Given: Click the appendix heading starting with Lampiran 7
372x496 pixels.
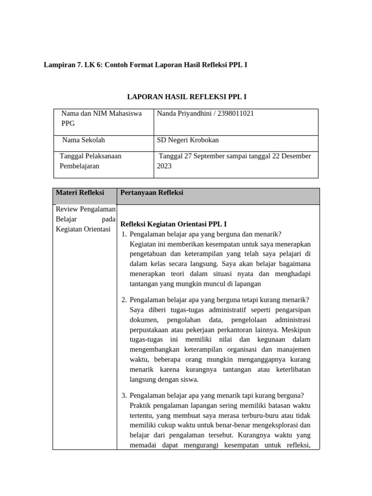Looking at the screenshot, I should (x=146, y=64).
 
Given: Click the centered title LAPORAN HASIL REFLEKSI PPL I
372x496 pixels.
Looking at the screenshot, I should (x=186, y=97).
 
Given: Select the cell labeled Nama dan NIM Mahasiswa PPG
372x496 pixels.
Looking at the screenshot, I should (x=102, y=118).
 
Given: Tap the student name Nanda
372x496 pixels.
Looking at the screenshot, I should (x=167, y=113).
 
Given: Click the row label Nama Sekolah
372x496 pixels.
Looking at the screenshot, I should (x=83, y=140).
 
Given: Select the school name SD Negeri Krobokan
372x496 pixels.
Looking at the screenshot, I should (x=188, y=140).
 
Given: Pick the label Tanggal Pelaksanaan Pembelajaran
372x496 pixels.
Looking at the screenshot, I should (x=90, y=161).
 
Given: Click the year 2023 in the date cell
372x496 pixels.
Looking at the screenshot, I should (x=164, y=166).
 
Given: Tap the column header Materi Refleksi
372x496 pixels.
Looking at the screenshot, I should (x=80, y=192).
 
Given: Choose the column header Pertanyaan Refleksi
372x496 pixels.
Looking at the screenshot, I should (x=152, y=192).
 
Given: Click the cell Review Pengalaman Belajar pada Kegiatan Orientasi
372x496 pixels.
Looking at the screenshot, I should (x=85, y=219).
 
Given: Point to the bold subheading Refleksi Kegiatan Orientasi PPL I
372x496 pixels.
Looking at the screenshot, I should (x=173, y=224).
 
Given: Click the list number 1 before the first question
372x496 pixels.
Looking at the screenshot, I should (x=124, y=234).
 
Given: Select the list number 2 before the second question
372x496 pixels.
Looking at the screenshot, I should (x=124, y=299).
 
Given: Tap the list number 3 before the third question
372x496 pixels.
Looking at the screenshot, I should (x=124, y=395).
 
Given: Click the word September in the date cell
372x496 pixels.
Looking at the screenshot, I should (x=214, y=156).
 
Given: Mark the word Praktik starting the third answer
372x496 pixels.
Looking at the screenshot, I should (x=141, y=405).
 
